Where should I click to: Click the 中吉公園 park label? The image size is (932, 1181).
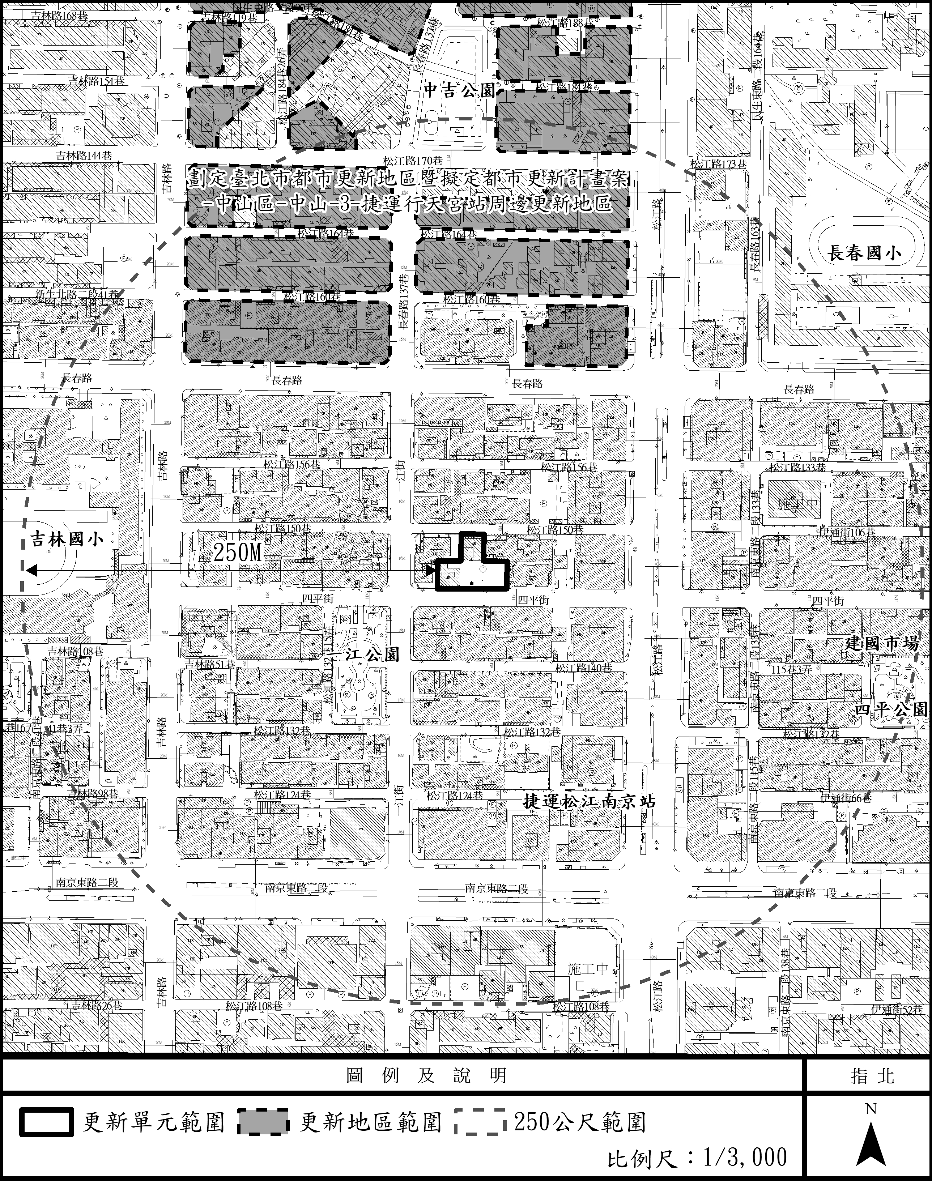tap(459, 90)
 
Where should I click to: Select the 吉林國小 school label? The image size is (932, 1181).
tap(67, 540)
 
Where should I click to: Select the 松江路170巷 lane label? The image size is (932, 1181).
tap(413, 161)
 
